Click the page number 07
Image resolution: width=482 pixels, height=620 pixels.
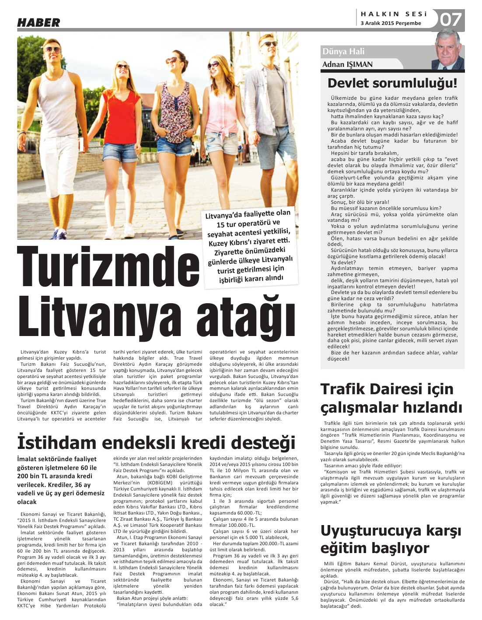click(x=451, y=20)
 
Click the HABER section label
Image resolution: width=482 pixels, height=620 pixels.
click(x=38, y=23)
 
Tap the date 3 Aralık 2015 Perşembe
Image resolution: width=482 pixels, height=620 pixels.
click(x=391, y=23)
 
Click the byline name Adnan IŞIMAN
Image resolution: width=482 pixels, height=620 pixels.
click(x=347, y=65)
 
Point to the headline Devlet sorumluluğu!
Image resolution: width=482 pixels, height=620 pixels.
click(x=392, y=83)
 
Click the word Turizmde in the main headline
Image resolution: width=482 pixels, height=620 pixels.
click(x=108, y=267)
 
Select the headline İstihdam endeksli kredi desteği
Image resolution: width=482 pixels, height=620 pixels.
click(x=156, y=442)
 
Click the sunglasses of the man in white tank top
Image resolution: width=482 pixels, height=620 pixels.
click(x=52, y=50)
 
